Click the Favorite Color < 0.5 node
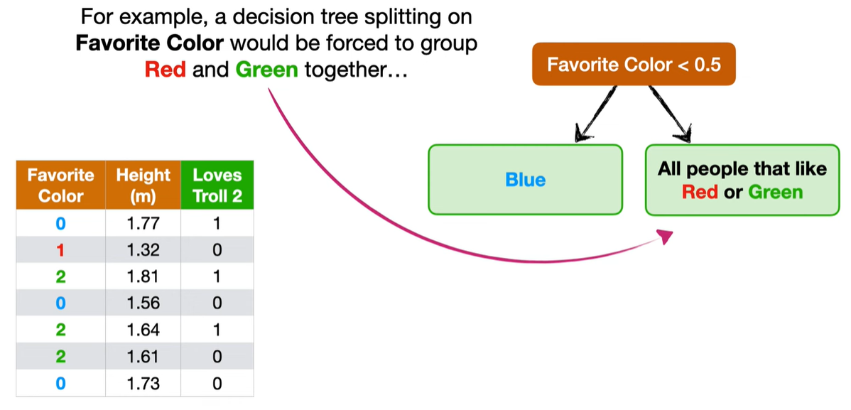tap(634, 64)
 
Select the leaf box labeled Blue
tap(526, 179)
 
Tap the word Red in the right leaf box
tap(700, 192)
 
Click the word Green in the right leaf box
tap(776, 192)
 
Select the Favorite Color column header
tap(61, 185)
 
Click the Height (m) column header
tap(143, 185)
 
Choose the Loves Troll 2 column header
tap(217, 185)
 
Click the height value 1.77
tap(143, 223)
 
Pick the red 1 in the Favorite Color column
tap(61, 250)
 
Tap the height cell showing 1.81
tap(143, 276)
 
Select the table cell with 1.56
tap(143, 303)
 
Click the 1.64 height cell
tap(143, 330)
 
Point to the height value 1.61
tap(143, 357)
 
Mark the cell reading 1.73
tap(143, 384)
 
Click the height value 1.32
tap(143, 250)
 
